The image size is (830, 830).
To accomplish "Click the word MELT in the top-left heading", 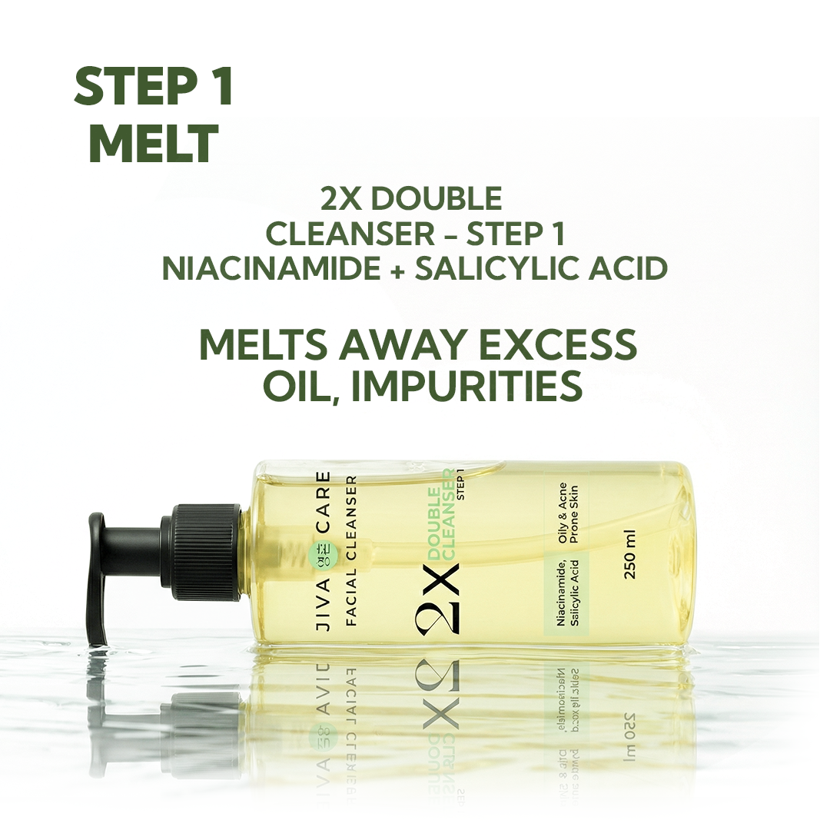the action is tap(153, 143).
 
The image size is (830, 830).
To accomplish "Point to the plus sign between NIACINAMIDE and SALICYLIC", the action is tap(398, 269).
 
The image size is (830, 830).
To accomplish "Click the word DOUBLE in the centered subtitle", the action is tap(410, 198).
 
